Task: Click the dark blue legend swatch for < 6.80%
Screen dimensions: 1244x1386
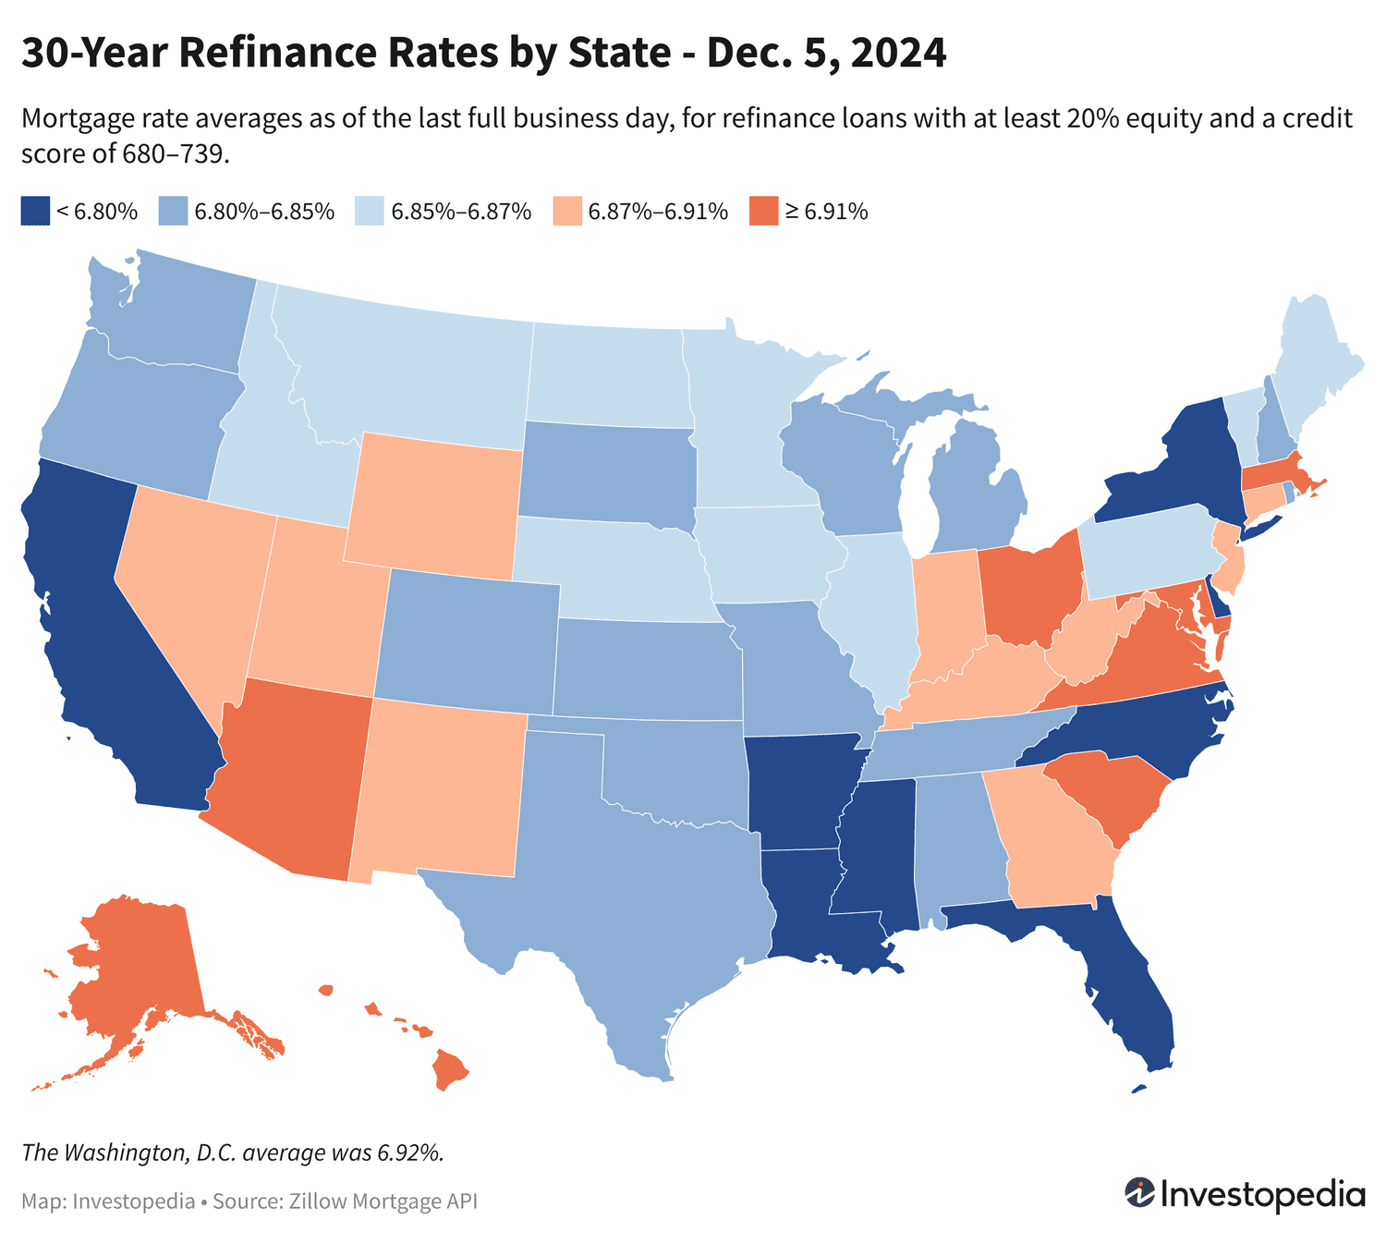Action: (x=34, y=211)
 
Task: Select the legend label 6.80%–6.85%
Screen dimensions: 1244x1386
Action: (x=263, y=212)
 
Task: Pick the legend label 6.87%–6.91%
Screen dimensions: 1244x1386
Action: (x=658, y=212)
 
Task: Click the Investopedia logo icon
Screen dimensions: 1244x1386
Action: (x=1138, y=1193)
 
